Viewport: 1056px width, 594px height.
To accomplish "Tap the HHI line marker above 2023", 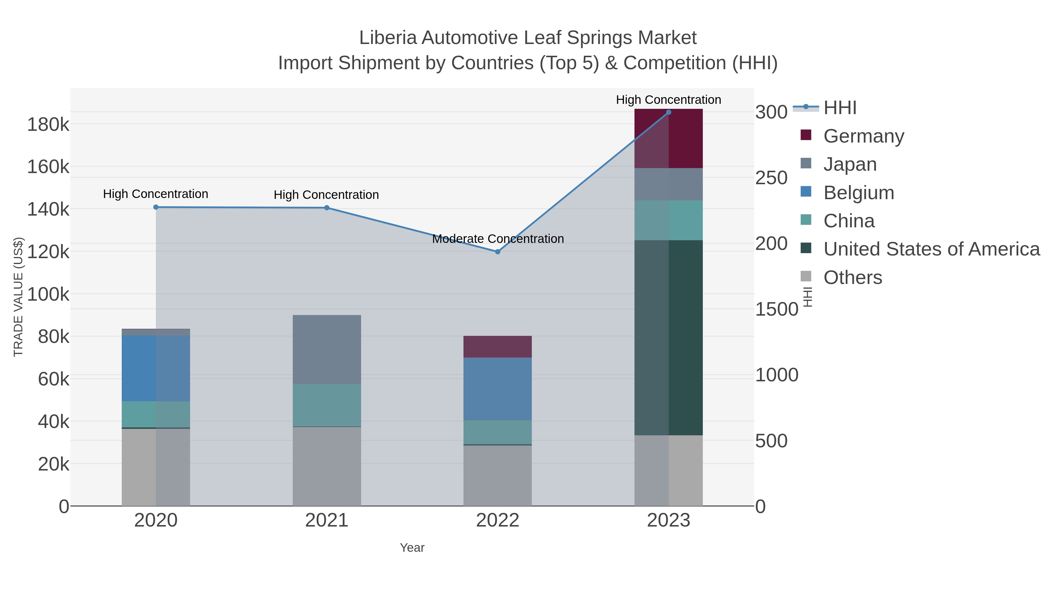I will [668, 112].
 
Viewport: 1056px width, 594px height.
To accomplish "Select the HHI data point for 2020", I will [156, 207].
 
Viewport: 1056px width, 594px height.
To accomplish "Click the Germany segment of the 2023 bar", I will [668, 138].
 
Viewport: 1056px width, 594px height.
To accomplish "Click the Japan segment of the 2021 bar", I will [327, 349].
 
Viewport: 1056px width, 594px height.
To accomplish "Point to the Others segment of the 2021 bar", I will [327, 466].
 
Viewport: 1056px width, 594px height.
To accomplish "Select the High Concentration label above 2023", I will [668, 100].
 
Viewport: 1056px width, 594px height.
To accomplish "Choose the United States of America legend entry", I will [931, 249].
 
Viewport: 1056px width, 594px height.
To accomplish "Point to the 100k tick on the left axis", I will [48, 294].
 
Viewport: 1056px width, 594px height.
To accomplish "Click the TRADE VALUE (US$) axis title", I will [18, 297].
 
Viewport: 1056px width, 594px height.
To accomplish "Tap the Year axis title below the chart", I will [412, 548].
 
